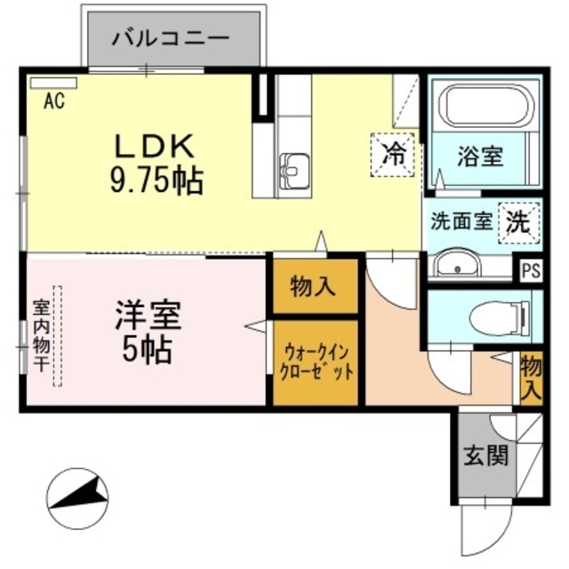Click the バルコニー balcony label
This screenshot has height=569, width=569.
tap(172, 38)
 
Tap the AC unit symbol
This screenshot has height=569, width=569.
tap(54, 84)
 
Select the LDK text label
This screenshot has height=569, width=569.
tap(156, 145)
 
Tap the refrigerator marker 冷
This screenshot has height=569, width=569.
tap(392, 152)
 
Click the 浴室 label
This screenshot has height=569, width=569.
tap(480, 156)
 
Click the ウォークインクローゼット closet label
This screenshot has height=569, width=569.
tap(316, 364)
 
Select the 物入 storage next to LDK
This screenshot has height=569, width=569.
tap(314, 286)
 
